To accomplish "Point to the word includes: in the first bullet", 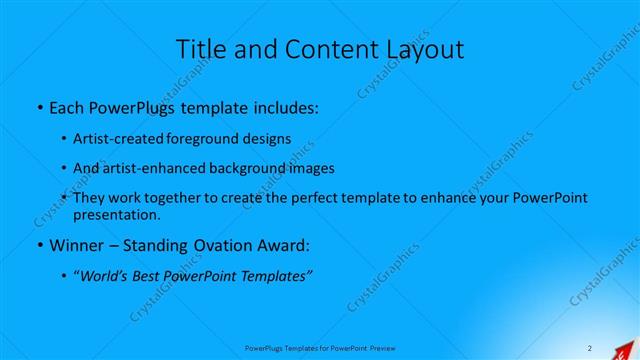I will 283,107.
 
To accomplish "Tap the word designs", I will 268,138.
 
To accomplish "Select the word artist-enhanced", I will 153,168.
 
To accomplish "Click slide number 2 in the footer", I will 590,347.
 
